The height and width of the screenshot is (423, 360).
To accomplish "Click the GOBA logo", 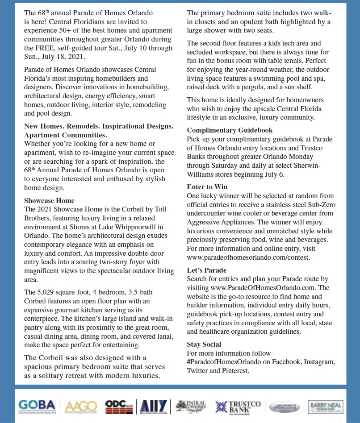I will pyautogui.click(x=37, y=406).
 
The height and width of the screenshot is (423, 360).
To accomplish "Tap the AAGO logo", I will pyautogui.click(x=81, y=406).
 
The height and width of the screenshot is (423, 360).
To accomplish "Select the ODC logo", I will pyautogui.click(x=118, y=406).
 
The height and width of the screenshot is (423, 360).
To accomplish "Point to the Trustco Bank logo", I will pyautogui.click(x=238, y=406).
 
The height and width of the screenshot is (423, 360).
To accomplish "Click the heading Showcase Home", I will pyautogui.click(x=49, y=200).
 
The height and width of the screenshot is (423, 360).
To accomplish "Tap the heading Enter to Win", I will pyautogui.click(x=207, y=187).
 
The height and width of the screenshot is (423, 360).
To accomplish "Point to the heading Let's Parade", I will pyautogui.click(x=207, y=270).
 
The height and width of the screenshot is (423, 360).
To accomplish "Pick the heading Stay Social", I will pyautogui.click(x=204, y=344).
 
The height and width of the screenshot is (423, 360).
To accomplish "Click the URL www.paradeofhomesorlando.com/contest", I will pyautogui.click(x=248, y=257).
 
